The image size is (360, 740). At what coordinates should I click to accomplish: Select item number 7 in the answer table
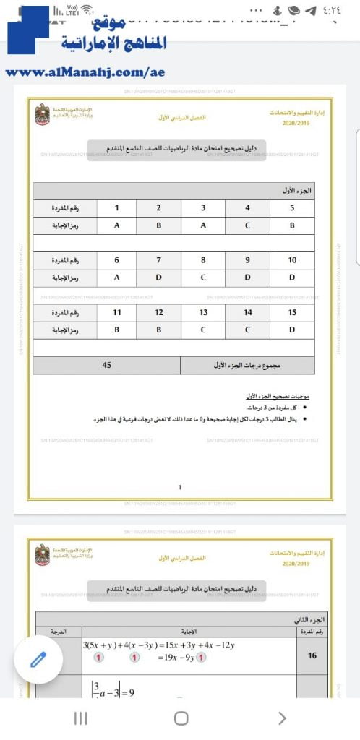click(x=158, y=259)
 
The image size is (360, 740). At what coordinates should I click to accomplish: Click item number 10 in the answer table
click(x=291, y=259)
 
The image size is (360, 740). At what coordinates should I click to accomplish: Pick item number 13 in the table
click(x=203, y=312)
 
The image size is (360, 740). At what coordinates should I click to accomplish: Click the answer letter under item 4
click(x=247, y=225)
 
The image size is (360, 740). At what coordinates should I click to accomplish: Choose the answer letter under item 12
click(x=158, y=330)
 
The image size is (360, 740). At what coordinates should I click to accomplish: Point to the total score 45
click(x=107, y=366)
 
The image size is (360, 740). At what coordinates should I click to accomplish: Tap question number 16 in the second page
click(x=312, y=655)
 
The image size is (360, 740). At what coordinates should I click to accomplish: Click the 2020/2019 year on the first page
click(x=295, y=124)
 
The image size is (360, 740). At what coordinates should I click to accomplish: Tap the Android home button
click(x=181, y=718)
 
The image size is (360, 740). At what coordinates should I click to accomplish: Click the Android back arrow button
click(x=282, y=718)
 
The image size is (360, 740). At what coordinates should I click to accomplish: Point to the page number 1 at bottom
click(x=180, y=487)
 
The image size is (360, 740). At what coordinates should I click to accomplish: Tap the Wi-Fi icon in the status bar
click(x=87, y=9)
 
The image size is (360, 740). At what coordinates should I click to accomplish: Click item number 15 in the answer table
click(x=291, y=312)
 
